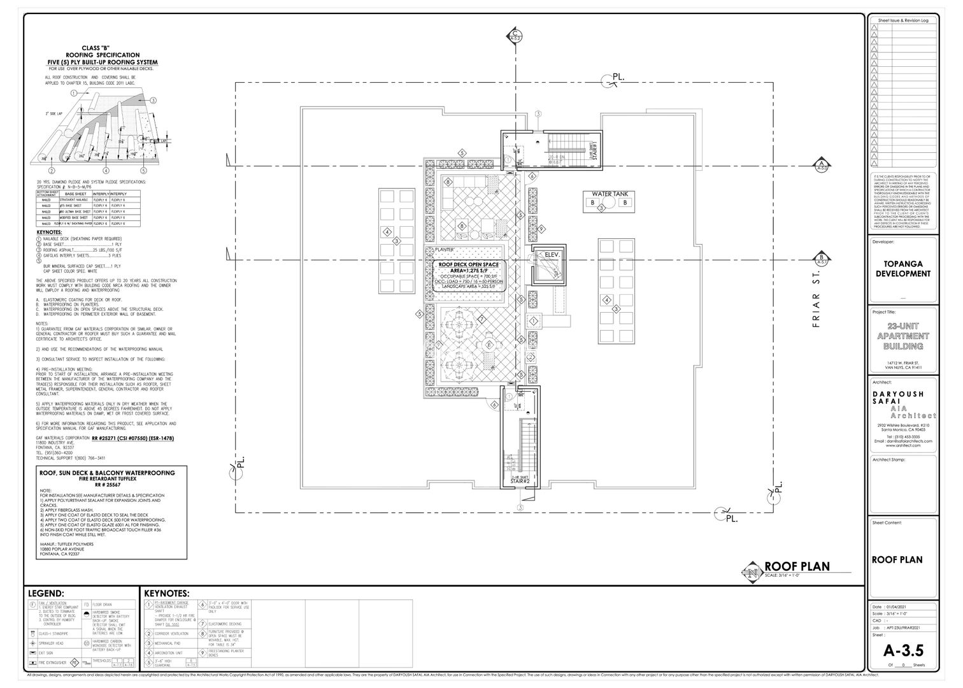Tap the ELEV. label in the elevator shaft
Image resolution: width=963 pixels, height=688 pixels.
click(551, 255)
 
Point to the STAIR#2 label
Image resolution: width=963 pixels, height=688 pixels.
click(520, 481)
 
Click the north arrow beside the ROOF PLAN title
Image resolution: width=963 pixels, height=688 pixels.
click(753, 571)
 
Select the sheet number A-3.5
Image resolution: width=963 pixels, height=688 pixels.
click(902, 650)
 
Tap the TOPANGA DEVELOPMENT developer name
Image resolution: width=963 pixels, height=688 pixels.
click(902, 268)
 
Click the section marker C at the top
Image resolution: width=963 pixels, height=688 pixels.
click(515, 36)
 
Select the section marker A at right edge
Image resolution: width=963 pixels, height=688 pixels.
click(822, 166)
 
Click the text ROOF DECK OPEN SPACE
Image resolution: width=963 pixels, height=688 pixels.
click(469, 264)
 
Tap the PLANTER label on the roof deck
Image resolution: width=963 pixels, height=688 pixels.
click(444, 250)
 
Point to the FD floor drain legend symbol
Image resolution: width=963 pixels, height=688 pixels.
click(87, 603)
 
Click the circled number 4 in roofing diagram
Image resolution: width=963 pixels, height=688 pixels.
click(106, 171)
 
